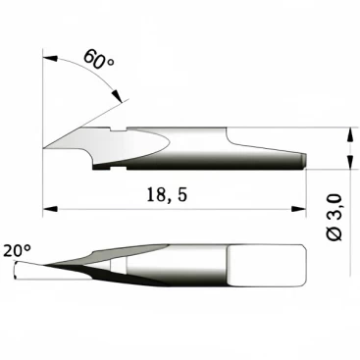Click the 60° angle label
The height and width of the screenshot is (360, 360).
coord(99,60)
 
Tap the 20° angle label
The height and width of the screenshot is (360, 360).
coord(18,251)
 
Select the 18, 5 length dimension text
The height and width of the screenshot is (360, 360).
coord(167,195)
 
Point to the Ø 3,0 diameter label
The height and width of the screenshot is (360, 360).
coord(334,218)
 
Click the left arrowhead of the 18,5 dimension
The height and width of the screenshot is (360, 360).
coord(50,209)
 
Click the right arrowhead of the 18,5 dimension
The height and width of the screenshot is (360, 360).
coord(298,209)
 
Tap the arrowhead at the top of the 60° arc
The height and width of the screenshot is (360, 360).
coord(50,59)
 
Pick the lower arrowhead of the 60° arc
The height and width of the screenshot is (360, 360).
coord(117,96)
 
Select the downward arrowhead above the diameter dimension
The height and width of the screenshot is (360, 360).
coord(350,134)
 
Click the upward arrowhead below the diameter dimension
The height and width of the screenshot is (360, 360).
coord(350,162)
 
